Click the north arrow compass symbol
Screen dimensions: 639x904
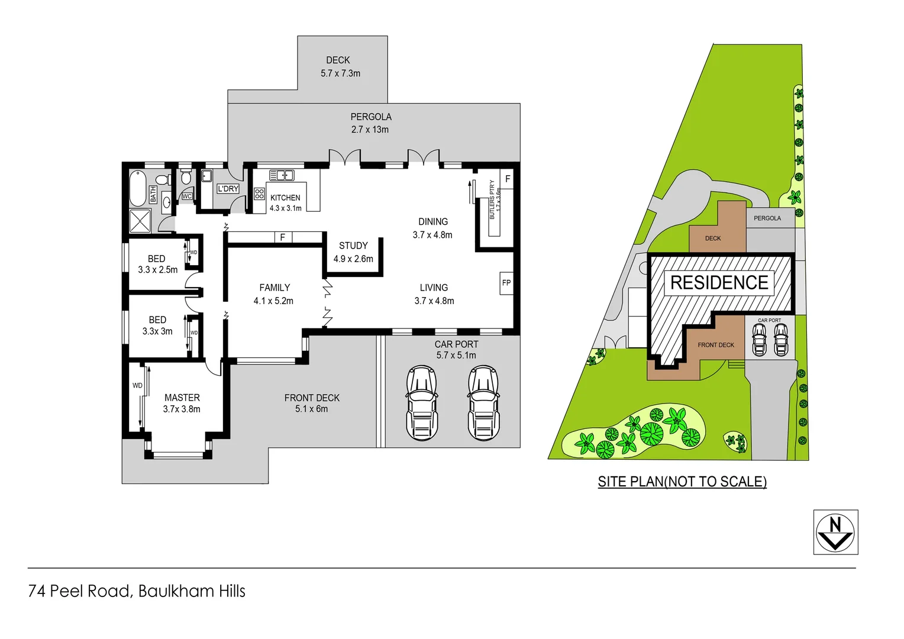pos(835,532)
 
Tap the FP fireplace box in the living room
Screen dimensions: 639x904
pos(506,283)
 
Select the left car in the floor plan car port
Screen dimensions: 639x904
pos(421,403)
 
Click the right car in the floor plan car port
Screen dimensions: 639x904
pos(483,403)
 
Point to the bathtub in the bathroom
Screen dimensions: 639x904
pos(138,188)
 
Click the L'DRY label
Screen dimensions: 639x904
pos(228,189)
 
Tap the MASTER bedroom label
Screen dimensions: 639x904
pos(182,398)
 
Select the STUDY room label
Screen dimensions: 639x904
pos(353,246)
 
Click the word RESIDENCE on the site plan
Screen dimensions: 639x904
pos(719,283)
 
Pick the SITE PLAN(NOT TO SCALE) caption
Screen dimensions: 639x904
pos(682,482)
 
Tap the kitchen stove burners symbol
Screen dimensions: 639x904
pos(259,193)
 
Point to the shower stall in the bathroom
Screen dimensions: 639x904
pos(140,221)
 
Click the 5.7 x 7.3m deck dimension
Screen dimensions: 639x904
pos(340,73)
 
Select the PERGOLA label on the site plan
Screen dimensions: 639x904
pos(767,218)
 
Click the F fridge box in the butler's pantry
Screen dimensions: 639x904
pos(507,179)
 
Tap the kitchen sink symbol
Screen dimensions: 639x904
pos(282,175)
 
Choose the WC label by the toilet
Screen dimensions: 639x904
pos(187,196)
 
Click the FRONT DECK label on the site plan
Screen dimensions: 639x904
pos(715,345)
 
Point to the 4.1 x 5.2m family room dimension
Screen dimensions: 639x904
pos(273,301)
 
